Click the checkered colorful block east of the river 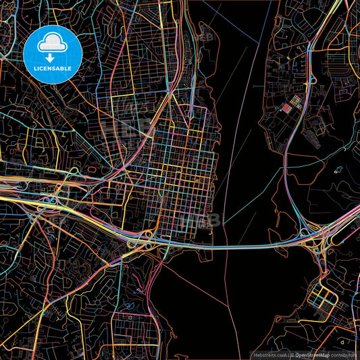pyautogui.click(x=294, y=103)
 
